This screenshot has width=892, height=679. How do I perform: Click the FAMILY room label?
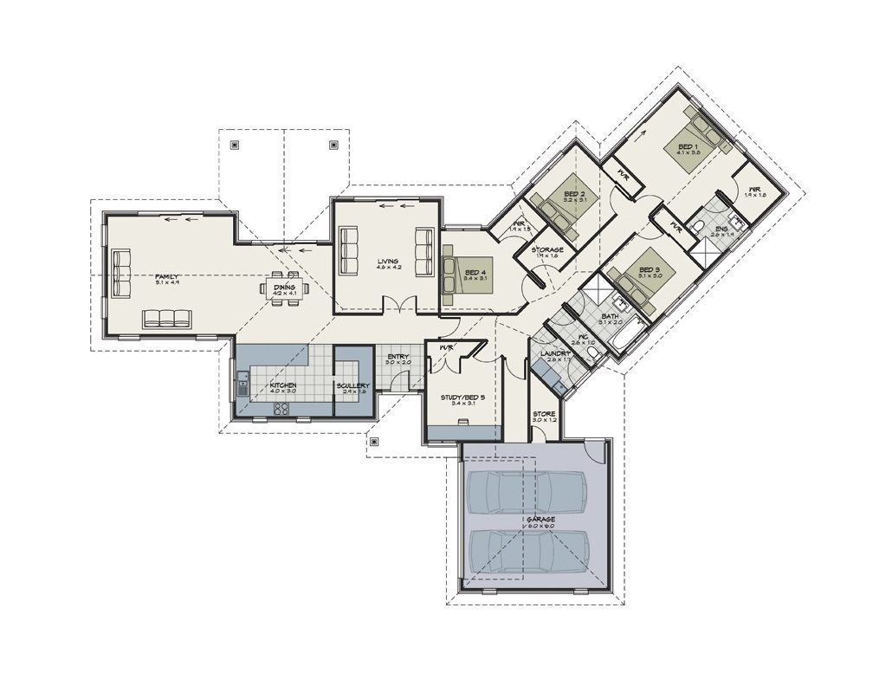point(166,276)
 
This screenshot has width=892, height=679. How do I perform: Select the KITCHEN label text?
point(284,385)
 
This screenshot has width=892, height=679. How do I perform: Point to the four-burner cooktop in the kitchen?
point(282,410)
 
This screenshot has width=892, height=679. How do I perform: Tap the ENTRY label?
point(398,356)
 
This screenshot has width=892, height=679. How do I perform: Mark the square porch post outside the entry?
point(374,442)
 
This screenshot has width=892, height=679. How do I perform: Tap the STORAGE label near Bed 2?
point(547,250)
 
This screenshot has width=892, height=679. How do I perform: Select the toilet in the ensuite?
point(699,228)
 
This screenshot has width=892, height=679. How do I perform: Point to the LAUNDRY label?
point(553,354)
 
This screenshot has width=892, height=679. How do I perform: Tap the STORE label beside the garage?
point(544,414)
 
